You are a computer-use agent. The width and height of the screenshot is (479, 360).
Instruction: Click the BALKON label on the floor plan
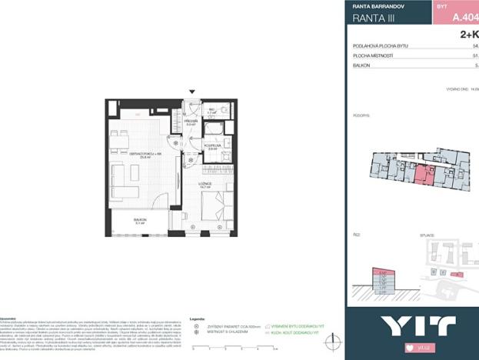140,220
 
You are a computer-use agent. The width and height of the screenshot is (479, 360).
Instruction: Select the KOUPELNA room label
212,145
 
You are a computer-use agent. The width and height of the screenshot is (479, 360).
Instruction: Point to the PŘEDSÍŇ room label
191,122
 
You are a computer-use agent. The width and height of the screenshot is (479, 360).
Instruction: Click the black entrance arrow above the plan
192,92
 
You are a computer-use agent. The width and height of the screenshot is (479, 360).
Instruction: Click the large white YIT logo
411,325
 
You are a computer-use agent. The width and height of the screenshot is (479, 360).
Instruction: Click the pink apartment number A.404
461,15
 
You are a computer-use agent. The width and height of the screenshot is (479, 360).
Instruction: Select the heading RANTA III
374,18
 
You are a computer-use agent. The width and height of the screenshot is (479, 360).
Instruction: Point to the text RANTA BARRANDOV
378,6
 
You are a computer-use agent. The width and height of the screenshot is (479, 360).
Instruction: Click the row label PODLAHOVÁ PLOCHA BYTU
381,46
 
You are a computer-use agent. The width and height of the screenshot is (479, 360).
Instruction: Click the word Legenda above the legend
197,318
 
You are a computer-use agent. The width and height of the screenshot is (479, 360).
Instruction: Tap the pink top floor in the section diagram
382,273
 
